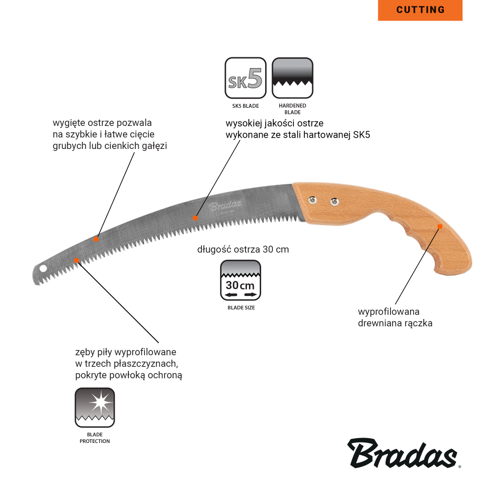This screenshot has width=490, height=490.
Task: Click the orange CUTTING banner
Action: point(420,10)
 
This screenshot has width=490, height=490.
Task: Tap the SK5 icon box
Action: point(245,78)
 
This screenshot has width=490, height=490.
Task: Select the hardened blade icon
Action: point(292,78)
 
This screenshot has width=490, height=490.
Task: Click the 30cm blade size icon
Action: point(240,280)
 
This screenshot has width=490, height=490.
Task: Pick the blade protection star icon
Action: point(95,408)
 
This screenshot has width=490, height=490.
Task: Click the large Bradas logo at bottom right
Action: point(403,453)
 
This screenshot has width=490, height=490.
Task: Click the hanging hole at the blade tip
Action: point(43,268)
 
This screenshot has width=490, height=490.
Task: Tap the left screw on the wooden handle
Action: point(312,199)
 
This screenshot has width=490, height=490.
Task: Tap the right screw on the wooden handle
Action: point(334,202)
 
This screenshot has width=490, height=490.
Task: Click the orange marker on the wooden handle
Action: point(440,226)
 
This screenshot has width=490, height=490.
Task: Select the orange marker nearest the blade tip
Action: point(76,260)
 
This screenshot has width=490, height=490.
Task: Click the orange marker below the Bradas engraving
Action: point(196,218)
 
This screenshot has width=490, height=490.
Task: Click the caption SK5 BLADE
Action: point(245,106)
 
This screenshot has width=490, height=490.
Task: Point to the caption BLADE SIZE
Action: point(241,308)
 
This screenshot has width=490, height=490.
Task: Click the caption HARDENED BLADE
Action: point(293,109)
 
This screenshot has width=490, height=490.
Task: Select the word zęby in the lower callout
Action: point(85,352)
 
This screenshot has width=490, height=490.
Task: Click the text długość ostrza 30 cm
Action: point(243,249)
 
